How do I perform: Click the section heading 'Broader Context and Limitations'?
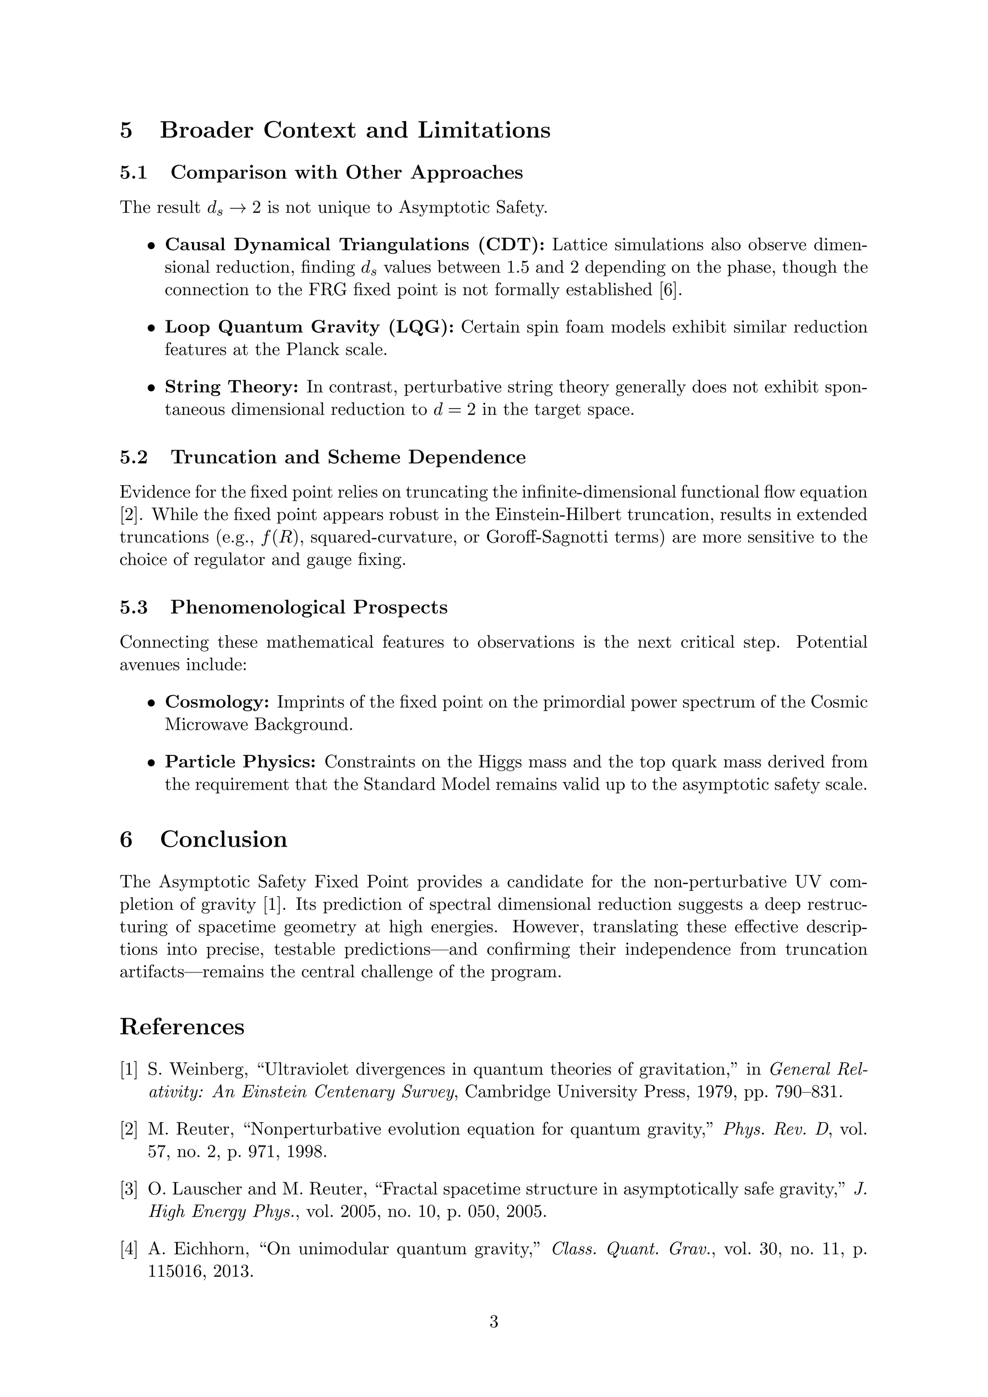click(x=355, y=130)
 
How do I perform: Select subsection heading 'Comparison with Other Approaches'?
click(x=346, y=173)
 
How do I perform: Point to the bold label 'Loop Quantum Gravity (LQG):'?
click(x=309, y=328)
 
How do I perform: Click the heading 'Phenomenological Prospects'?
click(x=308, y=607)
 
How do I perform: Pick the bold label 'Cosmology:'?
click(x=217, y=702)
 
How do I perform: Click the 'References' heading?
click(x=182, y=1027)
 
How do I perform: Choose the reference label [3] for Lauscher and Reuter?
click(x=128, y=1189)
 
